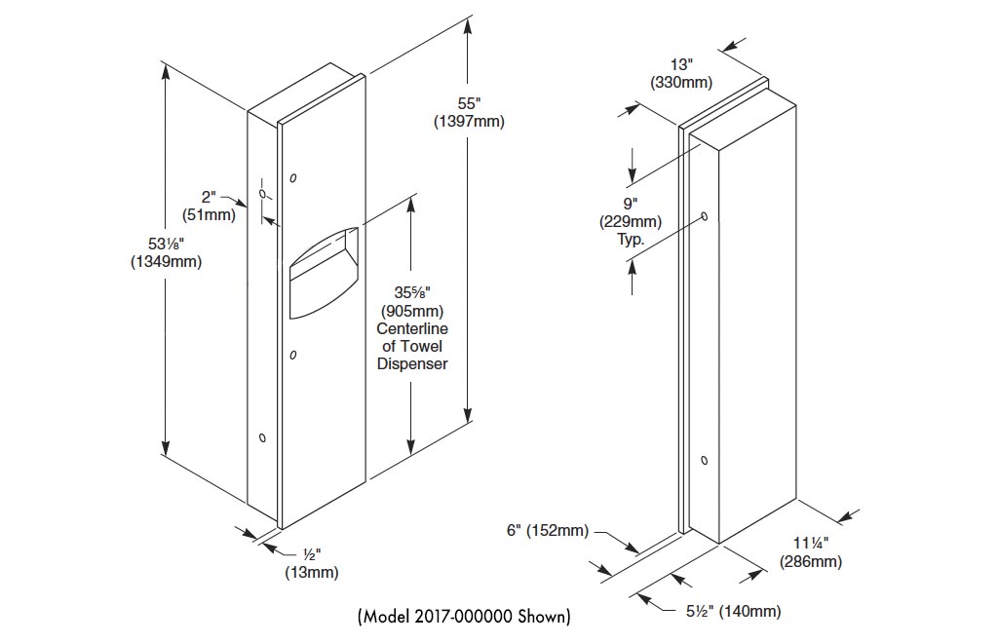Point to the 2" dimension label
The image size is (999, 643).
coord(210,198)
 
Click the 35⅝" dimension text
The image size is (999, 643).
coord(413,293)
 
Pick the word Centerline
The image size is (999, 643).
coord(413,328)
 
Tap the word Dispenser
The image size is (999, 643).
coord(413,363)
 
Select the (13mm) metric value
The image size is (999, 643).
coord(311,572)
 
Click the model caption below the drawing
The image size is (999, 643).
coord(464,617)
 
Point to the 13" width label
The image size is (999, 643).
coord(681,64)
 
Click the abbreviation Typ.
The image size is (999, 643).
coord(631,239)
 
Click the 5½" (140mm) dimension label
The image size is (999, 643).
coord(729,611)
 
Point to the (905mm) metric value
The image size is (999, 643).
coord(413,311)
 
